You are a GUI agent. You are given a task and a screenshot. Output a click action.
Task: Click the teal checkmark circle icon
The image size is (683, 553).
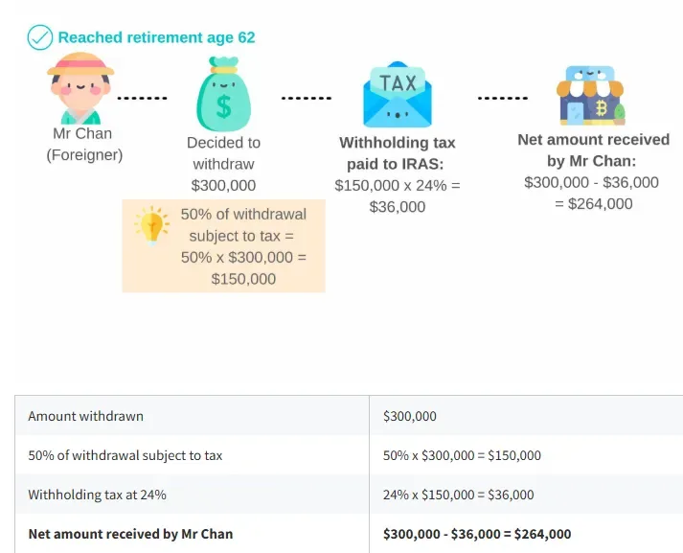[39, 37]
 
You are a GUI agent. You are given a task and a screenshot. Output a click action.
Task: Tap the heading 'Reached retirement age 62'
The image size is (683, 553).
[156, 37]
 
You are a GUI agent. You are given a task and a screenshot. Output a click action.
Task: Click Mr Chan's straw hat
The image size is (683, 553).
[80, 64]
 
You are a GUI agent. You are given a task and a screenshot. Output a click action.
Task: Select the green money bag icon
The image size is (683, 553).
[223, 94]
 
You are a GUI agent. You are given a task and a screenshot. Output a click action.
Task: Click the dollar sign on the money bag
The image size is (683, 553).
[223, 107]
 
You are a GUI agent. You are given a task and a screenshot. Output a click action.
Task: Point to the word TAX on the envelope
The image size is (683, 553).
[398, 82]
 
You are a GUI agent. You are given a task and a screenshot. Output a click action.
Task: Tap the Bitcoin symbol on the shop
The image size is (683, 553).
[602, 107]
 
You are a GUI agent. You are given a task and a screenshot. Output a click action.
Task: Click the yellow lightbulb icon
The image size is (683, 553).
[152, 225]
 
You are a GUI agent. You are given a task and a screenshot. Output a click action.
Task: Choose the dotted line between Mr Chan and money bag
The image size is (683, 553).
[142, 98]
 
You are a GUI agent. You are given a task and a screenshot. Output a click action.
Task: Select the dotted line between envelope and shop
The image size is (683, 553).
[503, 98]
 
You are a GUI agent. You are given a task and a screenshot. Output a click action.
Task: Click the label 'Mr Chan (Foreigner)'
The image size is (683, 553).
[84, 145]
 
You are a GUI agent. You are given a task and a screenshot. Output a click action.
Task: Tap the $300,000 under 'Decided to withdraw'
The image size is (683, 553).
[223, 186]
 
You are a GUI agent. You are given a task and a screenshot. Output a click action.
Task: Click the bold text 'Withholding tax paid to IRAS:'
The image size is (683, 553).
[397, 153]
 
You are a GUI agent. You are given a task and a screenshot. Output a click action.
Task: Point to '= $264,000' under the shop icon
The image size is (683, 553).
[594, 204]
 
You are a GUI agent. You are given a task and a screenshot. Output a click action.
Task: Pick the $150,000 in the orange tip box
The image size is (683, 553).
[243, 279]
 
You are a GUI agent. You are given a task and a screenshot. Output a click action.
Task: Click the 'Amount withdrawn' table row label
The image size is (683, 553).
[86, 416]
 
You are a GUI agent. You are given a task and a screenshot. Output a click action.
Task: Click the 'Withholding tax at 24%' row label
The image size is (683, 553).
[97, 495]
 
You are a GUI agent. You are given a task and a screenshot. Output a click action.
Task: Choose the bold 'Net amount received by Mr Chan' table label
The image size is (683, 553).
[130, 534]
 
